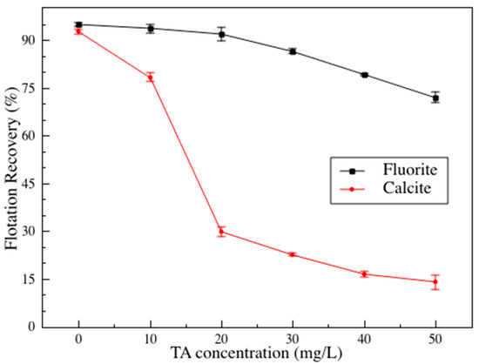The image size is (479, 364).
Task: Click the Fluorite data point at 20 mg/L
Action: pos(221,34)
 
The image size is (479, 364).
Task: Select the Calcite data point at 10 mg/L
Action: pos(150,77)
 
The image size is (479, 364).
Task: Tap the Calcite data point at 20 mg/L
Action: pos(221,232)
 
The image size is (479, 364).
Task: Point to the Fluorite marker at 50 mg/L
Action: pos(435,98)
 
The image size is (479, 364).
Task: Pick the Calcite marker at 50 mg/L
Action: pos(435,281)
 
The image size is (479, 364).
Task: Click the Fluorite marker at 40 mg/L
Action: pos(364,75)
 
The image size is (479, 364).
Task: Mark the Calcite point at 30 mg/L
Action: pos(293,254)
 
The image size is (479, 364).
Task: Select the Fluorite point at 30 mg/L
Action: pos(293,51)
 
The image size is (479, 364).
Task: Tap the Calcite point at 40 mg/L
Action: pos(364,273)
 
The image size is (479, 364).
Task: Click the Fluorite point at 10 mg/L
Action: pos(150,28)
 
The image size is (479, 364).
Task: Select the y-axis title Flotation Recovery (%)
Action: pos(13,173)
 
